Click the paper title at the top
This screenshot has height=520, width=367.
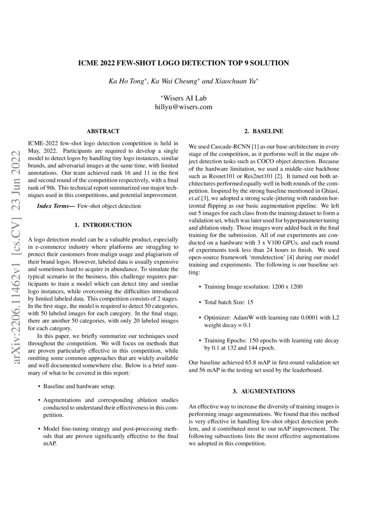coord(183,63)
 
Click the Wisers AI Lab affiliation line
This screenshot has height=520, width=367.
coord(183,98)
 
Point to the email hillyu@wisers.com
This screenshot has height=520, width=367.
coord(183,107)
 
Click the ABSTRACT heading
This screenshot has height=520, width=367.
coord(103,131)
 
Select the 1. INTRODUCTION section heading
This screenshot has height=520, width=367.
coord(103,225)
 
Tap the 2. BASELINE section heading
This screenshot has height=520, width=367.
coord(264,131)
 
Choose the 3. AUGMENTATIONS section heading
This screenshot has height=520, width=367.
coord(264,391)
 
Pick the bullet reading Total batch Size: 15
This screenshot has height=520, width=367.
coord(229,302)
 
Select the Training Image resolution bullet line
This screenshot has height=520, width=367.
coord(253,286)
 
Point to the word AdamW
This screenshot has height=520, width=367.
coord(245,318)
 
